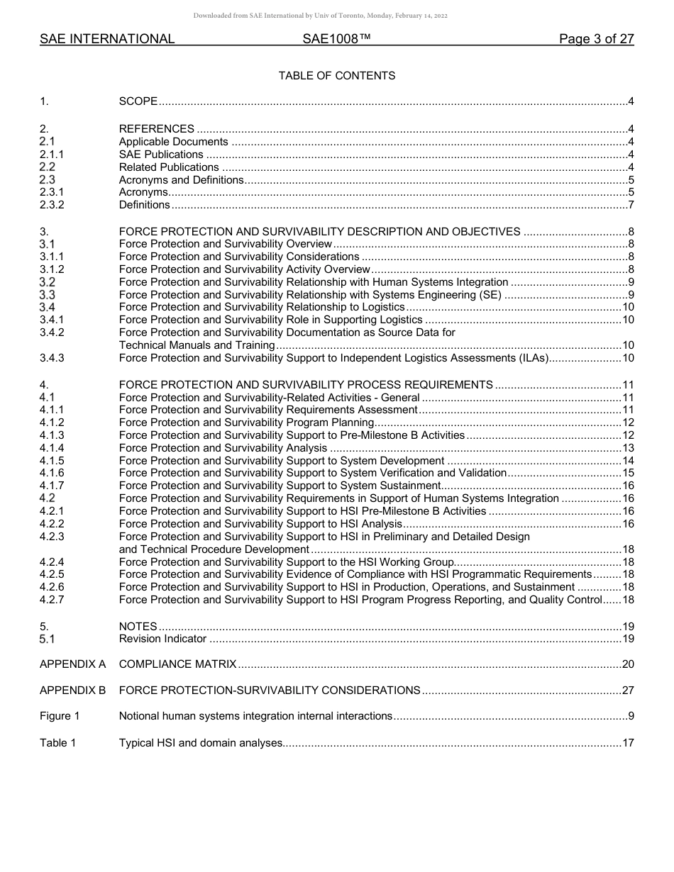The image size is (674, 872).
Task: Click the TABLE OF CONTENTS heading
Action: [337, 75]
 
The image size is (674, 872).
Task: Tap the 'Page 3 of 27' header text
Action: [596, 40]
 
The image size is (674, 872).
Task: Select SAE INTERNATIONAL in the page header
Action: [107, 40]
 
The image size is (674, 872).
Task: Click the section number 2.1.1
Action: [52, 155]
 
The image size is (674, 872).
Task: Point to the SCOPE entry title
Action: [138, 101]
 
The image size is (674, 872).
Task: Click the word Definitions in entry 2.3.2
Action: [145, 206]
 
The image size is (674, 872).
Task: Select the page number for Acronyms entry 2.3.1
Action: [631, 193]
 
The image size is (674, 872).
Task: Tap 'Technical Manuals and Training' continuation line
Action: [197, 345]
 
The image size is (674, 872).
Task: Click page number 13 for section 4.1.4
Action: [628, 448]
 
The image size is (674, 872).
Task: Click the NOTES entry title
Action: [138, 627]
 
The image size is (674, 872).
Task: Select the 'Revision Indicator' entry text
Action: [162, 639]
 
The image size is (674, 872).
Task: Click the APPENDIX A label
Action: [72, 665]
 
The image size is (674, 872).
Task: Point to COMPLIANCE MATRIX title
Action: [177, 665]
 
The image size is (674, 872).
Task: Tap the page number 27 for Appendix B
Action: [628, 691]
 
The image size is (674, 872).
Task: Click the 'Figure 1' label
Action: [60, 717]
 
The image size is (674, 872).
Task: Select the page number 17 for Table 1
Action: [628, 744]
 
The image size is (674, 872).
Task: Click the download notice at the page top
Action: [320, 16]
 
